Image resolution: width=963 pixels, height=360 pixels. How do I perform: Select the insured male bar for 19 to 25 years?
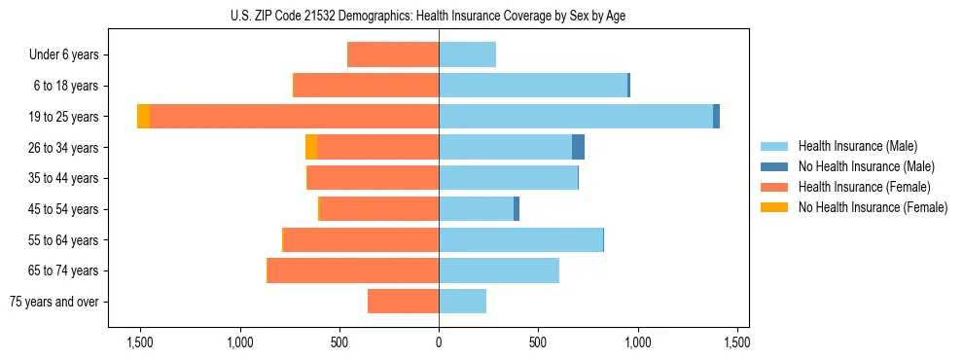[575, 117]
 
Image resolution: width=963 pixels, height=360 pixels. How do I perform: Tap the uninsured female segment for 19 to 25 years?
[143, 117]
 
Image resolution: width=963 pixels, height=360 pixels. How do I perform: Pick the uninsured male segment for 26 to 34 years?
[578, 148]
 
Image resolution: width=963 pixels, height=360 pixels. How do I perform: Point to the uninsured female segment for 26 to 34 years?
[311, 148]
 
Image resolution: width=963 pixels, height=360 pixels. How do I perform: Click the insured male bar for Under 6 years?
[467, 54]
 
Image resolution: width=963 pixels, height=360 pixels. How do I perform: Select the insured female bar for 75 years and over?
[403, 302]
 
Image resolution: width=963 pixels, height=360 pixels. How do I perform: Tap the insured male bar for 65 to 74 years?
[499, 270]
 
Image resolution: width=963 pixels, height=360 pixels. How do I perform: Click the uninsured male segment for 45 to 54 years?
[517, 209]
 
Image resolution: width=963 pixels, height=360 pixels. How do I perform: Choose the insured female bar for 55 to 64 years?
[361, 240]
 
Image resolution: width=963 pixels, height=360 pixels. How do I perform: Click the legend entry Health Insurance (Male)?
[857, 146]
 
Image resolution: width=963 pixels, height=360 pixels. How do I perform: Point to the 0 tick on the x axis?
[439, 342]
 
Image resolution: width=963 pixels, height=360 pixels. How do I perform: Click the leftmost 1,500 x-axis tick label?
[140, 342]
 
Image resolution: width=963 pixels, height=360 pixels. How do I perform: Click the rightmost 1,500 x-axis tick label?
[736, 342]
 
